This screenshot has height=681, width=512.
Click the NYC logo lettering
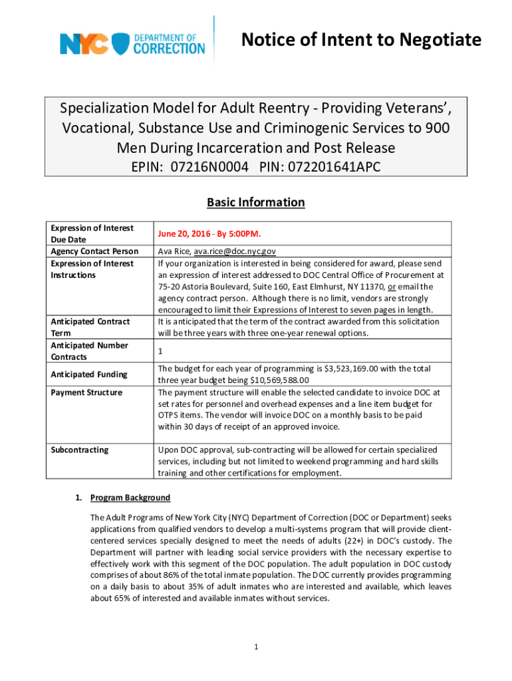coord(84,44)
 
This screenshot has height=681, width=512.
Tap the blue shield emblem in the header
coord(120,45)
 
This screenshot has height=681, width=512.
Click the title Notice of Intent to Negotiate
coord(361,41)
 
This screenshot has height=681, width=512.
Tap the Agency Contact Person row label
coord(94,251)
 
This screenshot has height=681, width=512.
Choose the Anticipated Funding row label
coord(89,374)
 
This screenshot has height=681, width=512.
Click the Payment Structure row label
coord(86,392)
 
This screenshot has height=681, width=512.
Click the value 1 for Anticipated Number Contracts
coord(160,350)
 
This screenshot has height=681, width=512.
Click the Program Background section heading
coord(130,497)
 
